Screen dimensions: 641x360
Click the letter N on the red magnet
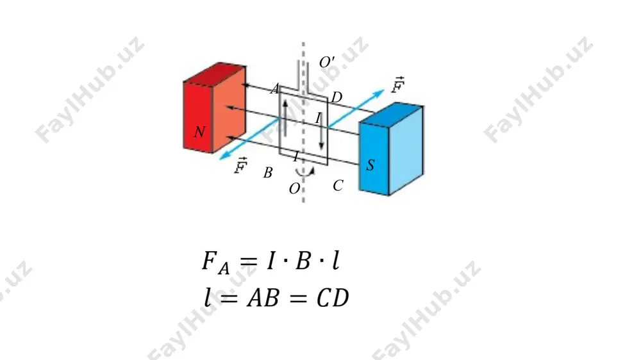click(199, 131)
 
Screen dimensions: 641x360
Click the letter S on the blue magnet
click(370, 165)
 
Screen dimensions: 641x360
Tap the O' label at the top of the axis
click(327, 63)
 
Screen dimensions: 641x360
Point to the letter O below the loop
click(294, 189)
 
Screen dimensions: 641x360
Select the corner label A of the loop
click(275, 88)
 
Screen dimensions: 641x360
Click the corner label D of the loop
click(337, 97)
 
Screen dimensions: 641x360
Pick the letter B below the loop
click(268, 173)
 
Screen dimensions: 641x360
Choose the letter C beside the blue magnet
click(338, 186)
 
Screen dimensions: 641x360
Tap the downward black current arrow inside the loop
click(321, 131)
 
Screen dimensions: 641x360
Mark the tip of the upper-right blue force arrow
click(384, 90)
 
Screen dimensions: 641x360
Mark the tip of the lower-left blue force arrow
click(220, 160)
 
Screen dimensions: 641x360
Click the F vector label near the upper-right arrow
click(397, 85)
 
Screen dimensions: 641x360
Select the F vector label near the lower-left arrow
click(241, 165)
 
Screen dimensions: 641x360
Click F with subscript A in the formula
click(215, 262)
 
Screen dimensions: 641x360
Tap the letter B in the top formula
click(303, 260)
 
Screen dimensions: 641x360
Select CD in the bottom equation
click(333, 298)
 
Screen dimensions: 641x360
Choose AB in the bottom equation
click(263, 298)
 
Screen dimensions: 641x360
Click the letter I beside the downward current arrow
click(318, 118)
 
